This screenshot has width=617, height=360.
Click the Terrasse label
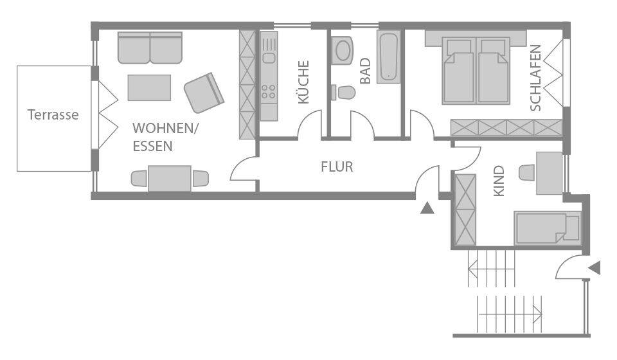[x=53, y=116]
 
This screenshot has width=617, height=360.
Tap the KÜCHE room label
[x=303, y=82]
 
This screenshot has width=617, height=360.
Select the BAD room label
[x=365, y=71]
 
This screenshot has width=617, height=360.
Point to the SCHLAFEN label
[x=536, y=77]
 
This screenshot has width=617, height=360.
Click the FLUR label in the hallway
[x=337, y=167]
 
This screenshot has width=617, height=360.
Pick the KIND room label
[x=499, y=181]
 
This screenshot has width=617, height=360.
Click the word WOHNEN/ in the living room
[x=166, y=129]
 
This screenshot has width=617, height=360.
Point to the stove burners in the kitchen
[x=268, y=93]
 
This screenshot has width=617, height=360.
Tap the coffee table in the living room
[x=149, y=88]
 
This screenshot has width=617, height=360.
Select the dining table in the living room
[x=170, y=178]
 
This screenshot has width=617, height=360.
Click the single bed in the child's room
[x=546, y=228]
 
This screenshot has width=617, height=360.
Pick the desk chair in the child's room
[x=526, y=173]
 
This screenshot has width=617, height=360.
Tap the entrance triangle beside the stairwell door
[x=595, y=267]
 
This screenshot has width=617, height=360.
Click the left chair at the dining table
[x=138, y=178]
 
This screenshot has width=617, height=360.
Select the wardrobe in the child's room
[x=464, y=211]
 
